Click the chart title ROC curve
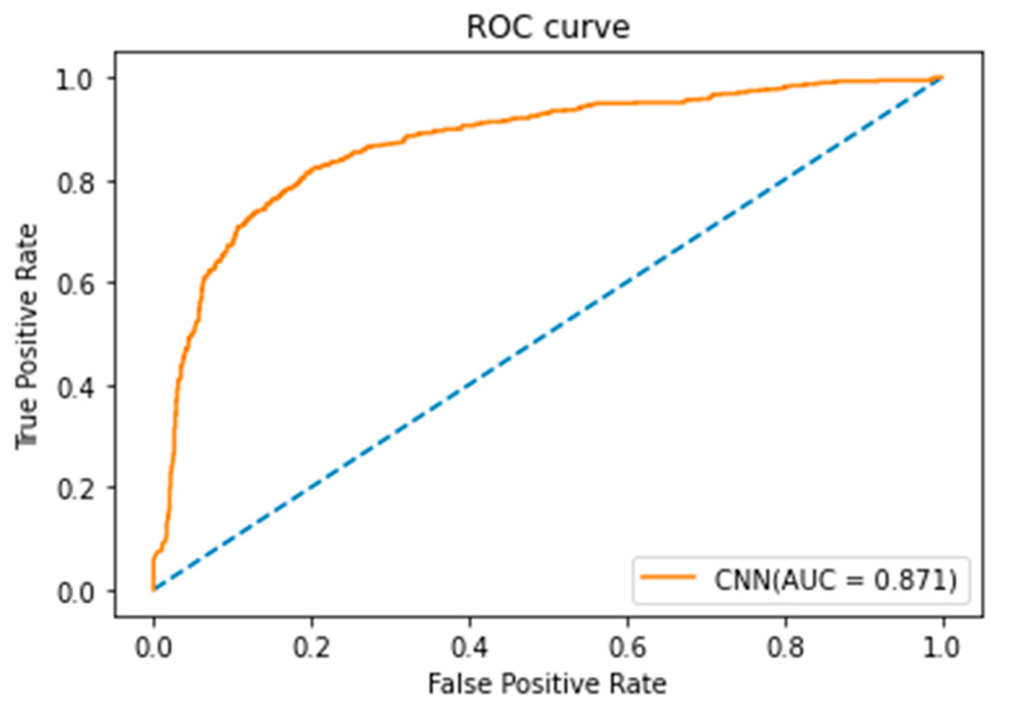548,28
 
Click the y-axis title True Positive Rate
27,336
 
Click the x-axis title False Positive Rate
547,684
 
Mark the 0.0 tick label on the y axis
74,593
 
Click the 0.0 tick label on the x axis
154,647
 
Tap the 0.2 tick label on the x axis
312,647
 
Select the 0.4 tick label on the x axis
469,647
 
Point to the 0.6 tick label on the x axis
627,647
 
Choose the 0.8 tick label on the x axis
785,647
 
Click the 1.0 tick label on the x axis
942,647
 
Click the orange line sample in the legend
668,577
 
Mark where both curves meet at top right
942,78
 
